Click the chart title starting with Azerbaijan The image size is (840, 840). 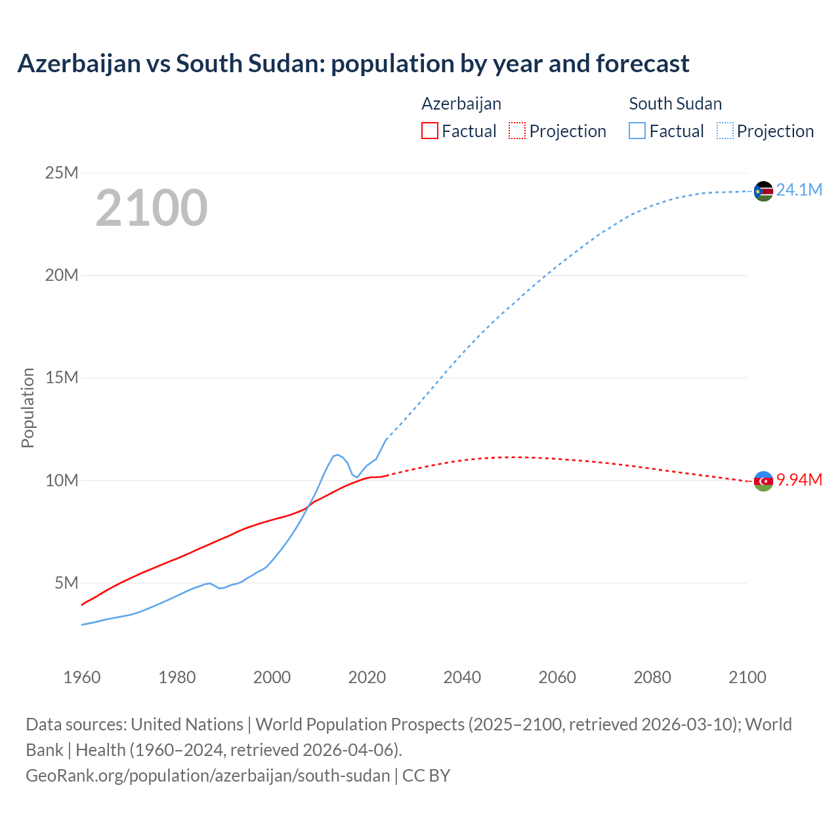(353, 64)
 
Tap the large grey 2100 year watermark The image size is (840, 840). (152, 208)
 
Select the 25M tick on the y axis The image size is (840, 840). (62, 173)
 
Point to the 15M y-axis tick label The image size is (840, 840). (62, 378)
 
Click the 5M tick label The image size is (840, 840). (66, 583)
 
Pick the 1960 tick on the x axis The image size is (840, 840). (82, 677)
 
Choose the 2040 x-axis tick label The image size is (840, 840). (462, 677)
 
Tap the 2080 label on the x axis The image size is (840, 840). (652, 677)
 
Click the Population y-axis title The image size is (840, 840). (28, 408)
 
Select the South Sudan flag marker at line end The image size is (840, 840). (763, 191)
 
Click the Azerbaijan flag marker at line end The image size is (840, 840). (763, 481)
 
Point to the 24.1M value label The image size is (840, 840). (799, 190)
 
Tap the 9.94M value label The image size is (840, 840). (799, 480)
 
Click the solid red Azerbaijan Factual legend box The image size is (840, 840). (429, 131)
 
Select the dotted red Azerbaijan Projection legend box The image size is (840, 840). (517, 131)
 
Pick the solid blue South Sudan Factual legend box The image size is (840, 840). (637, 131)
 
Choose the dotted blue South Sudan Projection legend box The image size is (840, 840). (725, 131)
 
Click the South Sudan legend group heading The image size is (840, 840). (675, 104)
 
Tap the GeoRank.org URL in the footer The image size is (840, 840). (208, 776)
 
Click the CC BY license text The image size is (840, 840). (427, 776)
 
